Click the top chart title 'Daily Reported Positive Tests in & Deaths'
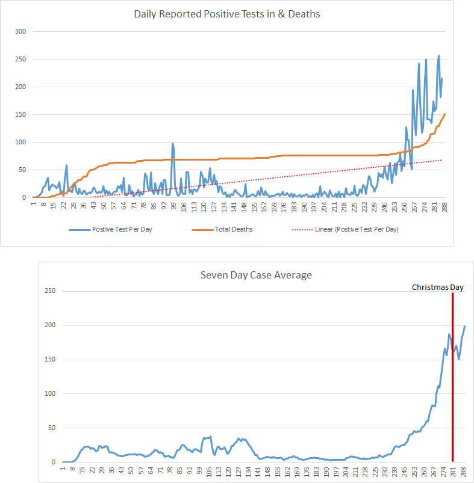pos(227,14)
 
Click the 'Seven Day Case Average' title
pos(257,275)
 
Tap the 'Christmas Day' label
pos(438,288)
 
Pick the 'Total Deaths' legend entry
pos(234,230)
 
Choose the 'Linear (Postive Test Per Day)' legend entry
pos(357,230)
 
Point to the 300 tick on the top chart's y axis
pos(21,31)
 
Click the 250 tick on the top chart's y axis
pos(21,59)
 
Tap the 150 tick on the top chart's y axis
pos(21,114)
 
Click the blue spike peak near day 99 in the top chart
pos(173,143)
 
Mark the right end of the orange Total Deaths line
pos(444,114)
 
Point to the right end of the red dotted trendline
pos(441,160)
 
